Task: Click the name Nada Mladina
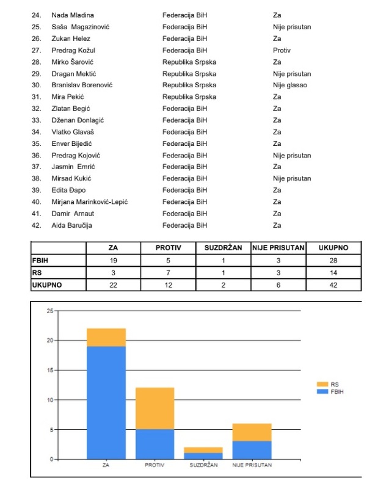pyautogui.click(x=73, y=15)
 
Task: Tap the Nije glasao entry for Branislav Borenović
pyautogui.click(x=289, y=85)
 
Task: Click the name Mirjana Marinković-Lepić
pyautogui.click(x=89, y=202)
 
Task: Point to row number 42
pyautogui.click(x=36, y=225)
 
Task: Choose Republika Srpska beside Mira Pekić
pyautogui.click(x=189, y=96)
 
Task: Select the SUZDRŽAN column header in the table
pyautogui.click(x=223, y=248)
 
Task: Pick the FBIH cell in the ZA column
pyautogui.click(x=113, y=259)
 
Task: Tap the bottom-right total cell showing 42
pyautogui.click(x=333, y=284)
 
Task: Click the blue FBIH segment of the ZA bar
pyautogui.click(x=106, y=403)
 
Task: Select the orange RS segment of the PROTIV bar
pyautogui.click(x=155, y=408)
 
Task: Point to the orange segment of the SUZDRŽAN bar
pyautogui.click(x=203, y=450)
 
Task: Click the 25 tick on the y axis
pyautogui.click(x=49, y=311)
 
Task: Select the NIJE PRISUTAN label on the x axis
pyautogui.click(x=252, y=465)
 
